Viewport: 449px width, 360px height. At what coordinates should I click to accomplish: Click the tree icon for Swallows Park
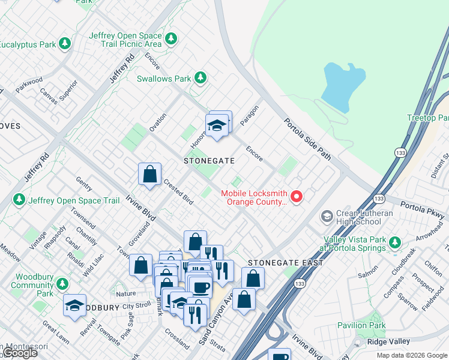point(200,79)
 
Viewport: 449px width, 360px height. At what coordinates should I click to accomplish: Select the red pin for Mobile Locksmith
point(296,196)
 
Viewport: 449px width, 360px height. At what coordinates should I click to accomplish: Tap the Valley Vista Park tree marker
point(394,242)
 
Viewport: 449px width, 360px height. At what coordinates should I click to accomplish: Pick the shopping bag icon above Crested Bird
point(149,175)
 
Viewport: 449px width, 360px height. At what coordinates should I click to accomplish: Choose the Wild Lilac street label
point(93,264)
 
